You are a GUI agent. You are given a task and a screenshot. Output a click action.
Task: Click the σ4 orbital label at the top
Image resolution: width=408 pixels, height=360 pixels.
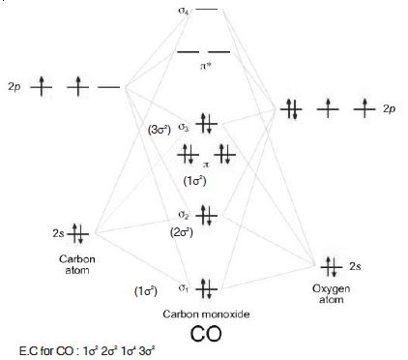(184, 11)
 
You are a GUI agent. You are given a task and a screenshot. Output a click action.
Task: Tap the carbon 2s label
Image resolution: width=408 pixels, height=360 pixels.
(58, 233)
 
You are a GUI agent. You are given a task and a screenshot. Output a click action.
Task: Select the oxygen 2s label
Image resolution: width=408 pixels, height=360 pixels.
(355, 265)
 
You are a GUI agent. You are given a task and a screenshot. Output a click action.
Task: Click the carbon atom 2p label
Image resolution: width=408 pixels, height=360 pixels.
(14, 88)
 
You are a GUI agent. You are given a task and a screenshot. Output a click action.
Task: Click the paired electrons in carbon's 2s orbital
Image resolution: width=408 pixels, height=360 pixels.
(79, 233)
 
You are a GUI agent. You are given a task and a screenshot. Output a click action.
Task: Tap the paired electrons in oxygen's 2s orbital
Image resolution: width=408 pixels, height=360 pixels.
(331, 264)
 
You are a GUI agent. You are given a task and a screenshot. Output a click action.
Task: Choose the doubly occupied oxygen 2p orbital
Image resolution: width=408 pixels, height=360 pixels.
(291, 109)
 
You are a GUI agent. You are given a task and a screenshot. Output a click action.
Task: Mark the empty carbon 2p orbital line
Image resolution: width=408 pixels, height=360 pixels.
(109, 88)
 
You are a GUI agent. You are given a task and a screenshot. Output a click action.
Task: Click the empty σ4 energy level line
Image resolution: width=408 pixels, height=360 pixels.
(207, 11)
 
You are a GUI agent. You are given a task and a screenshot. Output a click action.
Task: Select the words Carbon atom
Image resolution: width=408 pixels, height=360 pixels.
(75, 264)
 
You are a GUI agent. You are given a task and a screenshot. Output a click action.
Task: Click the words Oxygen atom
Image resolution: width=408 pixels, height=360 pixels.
(331, 293)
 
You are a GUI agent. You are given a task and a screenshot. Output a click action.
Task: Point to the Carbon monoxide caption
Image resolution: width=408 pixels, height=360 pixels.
(203, 316)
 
